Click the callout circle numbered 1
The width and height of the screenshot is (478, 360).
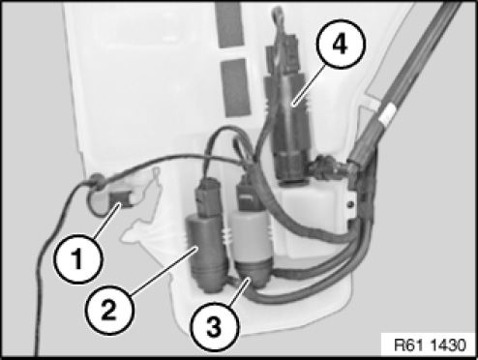(78, 259)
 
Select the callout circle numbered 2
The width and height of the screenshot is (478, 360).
(108, 311)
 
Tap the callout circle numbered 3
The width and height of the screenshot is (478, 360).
(215, 327)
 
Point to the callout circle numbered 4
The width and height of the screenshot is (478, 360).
(341, 45)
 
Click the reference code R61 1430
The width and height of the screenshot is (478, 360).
(431, 345)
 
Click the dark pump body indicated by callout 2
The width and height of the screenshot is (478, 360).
(205, 254)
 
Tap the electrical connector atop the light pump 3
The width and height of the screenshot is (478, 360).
(250, 193)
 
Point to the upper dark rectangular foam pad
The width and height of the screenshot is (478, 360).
(229, 25)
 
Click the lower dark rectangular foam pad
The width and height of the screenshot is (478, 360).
(236, 87)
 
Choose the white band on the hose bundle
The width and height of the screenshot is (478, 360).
(388, 114)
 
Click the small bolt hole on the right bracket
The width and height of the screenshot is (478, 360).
(350, 204)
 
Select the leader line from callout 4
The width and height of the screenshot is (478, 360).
(310, 84)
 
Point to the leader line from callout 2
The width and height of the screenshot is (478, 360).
(164, 271)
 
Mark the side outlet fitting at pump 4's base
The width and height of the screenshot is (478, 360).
(326, 166)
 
